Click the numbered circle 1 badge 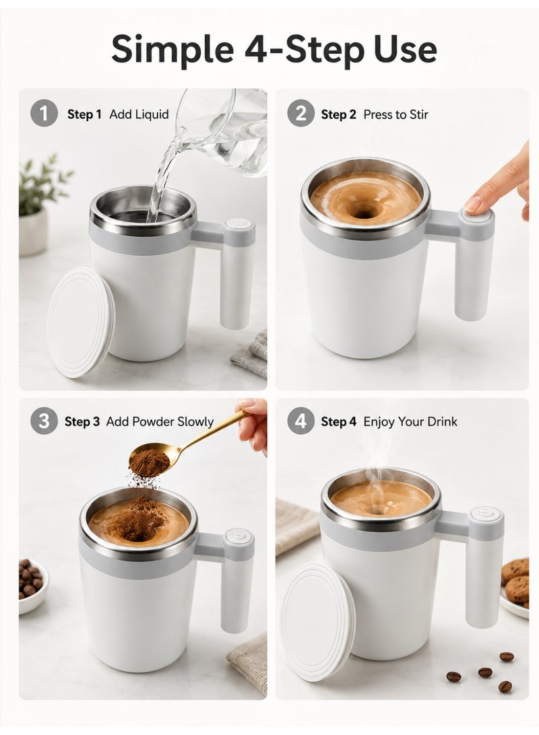(x=44, y=114)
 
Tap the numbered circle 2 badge (x=300, y=114)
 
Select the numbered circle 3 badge (x=44, y=421)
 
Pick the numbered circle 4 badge (x=300, y=421)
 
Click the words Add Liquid (x=139, y=114)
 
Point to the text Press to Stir (x=396, y=114)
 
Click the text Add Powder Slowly (x=160, y=422)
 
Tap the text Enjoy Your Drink (x=410, y=422)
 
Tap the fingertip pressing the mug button (x=473, y=204)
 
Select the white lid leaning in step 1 (x=81, y=322)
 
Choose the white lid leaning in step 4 (x=317, y=621)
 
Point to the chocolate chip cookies (x=515, y=581)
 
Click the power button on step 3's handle (x=239, y=535)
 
